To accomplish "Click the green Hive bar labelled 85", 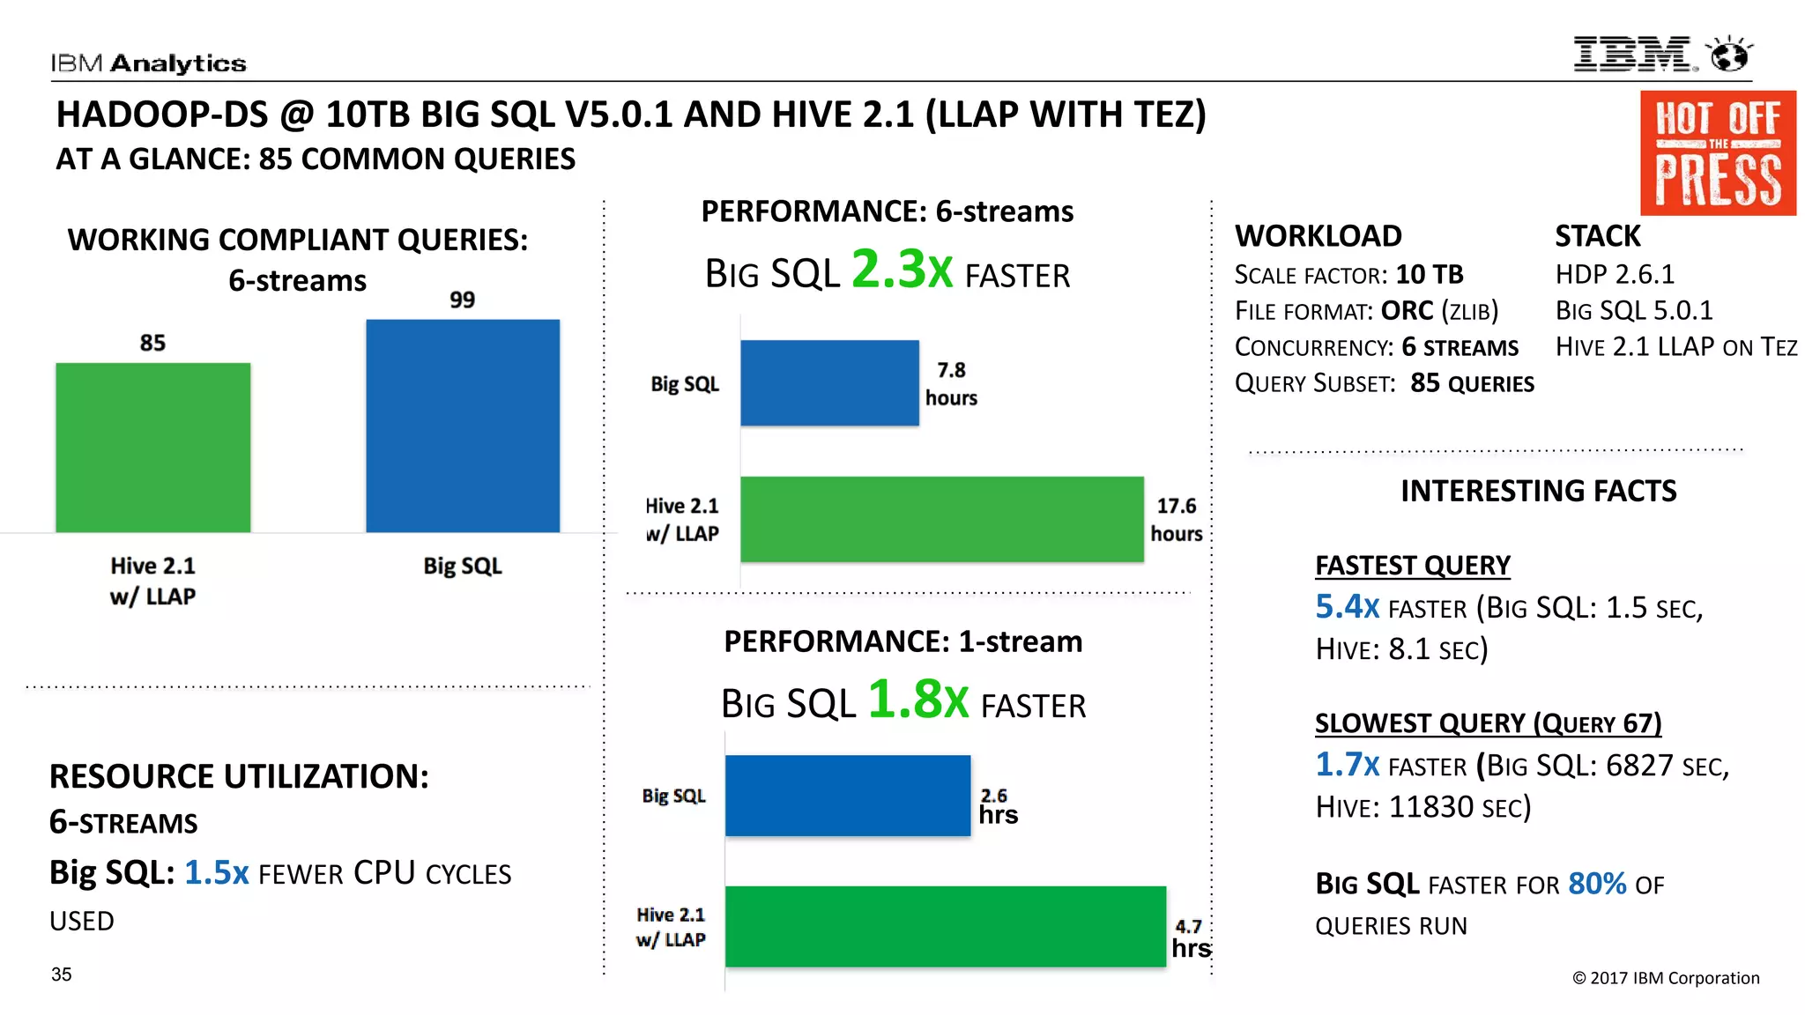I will (152, 447).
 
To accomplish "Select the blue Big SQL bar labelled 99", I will (463, 425).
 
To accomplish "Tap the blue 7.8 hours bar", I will (829, 382).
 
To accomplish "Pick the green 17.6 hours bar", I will (941, 519).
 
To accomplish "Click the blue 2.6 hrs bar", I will (847, 795).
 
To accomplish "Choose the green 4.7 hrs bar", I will (945, 926).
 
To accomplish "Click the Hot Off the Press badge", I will (1717, 153).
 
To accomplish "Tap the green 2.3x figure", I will (902, 270).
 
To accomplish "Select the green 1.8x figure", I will (917, 700).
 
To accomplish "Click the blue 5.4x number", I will (1346, 606).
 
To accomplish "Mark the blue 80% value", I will (1596, 883).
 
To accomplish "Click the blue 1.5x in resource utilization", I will (216, 872).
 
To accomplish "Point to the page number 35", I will (62, 974).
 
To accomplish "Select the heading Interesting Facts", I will (1538, 491).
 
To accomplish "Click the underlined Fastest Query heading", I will (1412, 565).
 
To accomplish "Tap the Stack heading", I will (1597, 236).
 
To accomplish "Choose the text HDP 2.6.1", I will (1614, 274).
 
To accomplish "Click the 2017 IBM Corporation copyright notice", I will (1665, 978).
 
